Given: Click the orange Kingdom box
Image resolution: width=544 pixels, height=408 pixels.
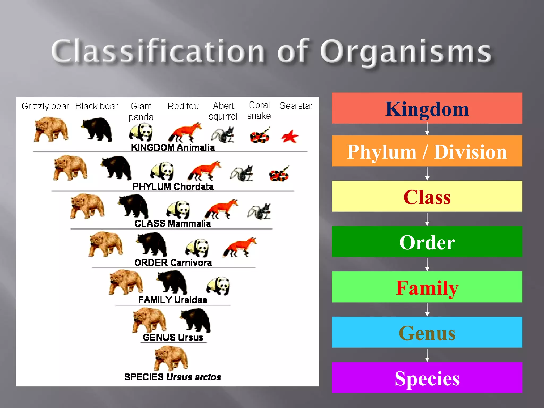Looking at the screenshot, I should pyautogui.click(x=427, y=108).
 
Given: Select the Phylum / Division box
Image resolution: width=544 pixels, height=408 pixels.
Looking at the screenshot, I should pyautogui.click(x=427, y=151).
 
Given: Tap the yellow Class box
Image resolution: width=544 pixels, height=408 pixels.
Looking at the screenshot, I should pyautogui.click(x=427, y=196).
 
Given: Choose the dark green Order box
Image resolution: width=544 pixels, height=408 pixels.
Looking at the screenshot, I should pyautogui.click(x=427, y=241).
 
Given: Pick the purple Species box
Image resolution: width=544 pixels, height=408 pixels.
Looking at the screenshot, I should pyautogui.click(x=427, y=377).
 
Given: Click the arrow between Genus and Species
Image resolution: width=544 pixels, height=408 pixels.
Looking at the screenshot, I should pyautogui.click(x=427, y=355).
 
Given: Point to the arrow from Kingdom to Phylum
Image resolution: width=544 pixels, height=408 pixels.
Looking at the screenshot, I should pyautogui.click(x=427, y=129).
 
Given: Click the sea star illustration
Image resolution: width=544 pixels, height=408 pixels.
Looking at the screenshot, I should pyautogui.click(x=290, y=137).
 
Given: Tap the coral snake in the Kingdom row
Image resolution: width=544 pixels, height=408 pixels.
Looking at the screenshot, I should pyautogui.click(x=260, y=135).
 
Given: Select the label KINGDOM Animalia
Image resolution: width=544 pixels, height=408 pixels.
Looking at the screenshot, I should pyautogui.click(x=173, y=147).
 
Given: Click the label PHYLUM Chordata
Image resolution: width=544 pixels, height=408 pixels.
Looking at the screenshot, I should pyautogui.click(x=173, y=186).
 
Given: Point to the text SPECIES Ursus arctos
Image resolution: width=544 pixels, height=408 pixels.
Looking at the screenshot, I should pyautogui.click(x=173, y=377).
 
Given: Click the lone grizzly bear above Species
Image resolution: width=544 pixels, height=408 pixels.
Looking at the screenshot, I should pyautogui.click(x=171, y=358).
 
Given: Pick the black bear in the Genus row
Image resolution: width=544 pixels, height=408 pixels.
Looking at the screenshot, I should pyautogui.click(x=196, y=320).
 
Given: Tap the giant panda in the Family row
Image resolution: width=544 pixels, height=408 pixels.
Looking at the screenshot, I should pyautogui.click(x=218, y=286).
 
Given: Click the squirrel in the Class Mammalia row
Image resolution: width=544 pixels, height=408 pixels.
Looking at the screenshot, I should pyautogui.click(x=259, y=212).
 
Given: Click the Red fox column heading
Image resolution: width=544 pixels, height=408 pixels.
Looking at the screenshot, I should pyautogui.click(x=183, y=106).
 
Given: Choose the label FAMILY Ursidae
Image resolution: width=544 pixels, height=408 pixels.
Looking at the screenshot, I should pyautogui.click(x=173, y=300).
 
